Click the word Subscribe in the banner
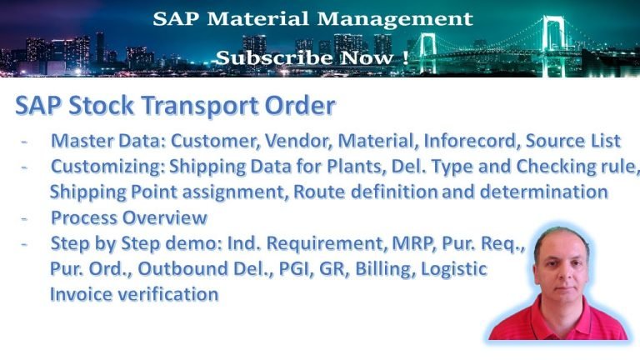[262, 58]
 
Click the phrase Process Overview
[128, 218]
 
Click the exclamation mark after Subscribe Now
[404, 58]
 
